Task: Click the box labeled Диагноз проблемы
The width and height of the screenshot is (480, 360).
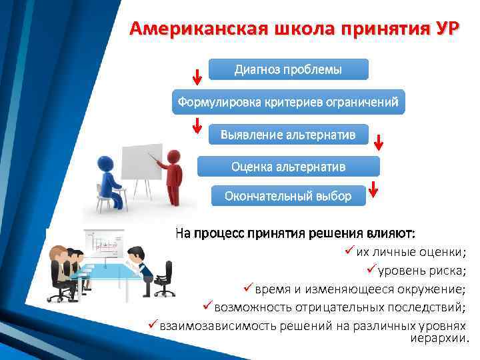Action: point(288,70)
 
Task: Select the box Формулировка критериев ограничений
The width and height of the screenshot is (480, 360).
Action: point(288,103)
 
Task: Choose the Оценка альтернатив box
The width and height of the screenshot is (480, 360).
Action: point(288,166)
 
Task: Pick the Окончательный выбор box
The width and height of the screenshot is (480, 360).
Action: point(288,196)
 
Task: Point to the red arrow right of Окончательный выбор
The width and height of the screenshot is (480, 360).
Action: point(374,189)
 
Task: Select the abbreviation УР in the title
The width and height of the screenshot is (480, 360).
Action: point(445,29)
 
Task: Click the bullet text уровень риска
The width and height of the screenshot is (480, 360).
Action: point(423,270)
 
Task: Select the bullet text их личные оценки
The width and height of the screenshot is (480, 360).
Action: point(411,252)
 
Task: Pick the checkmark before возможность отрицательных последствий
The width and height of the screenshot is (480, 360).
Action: point(207,305)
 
